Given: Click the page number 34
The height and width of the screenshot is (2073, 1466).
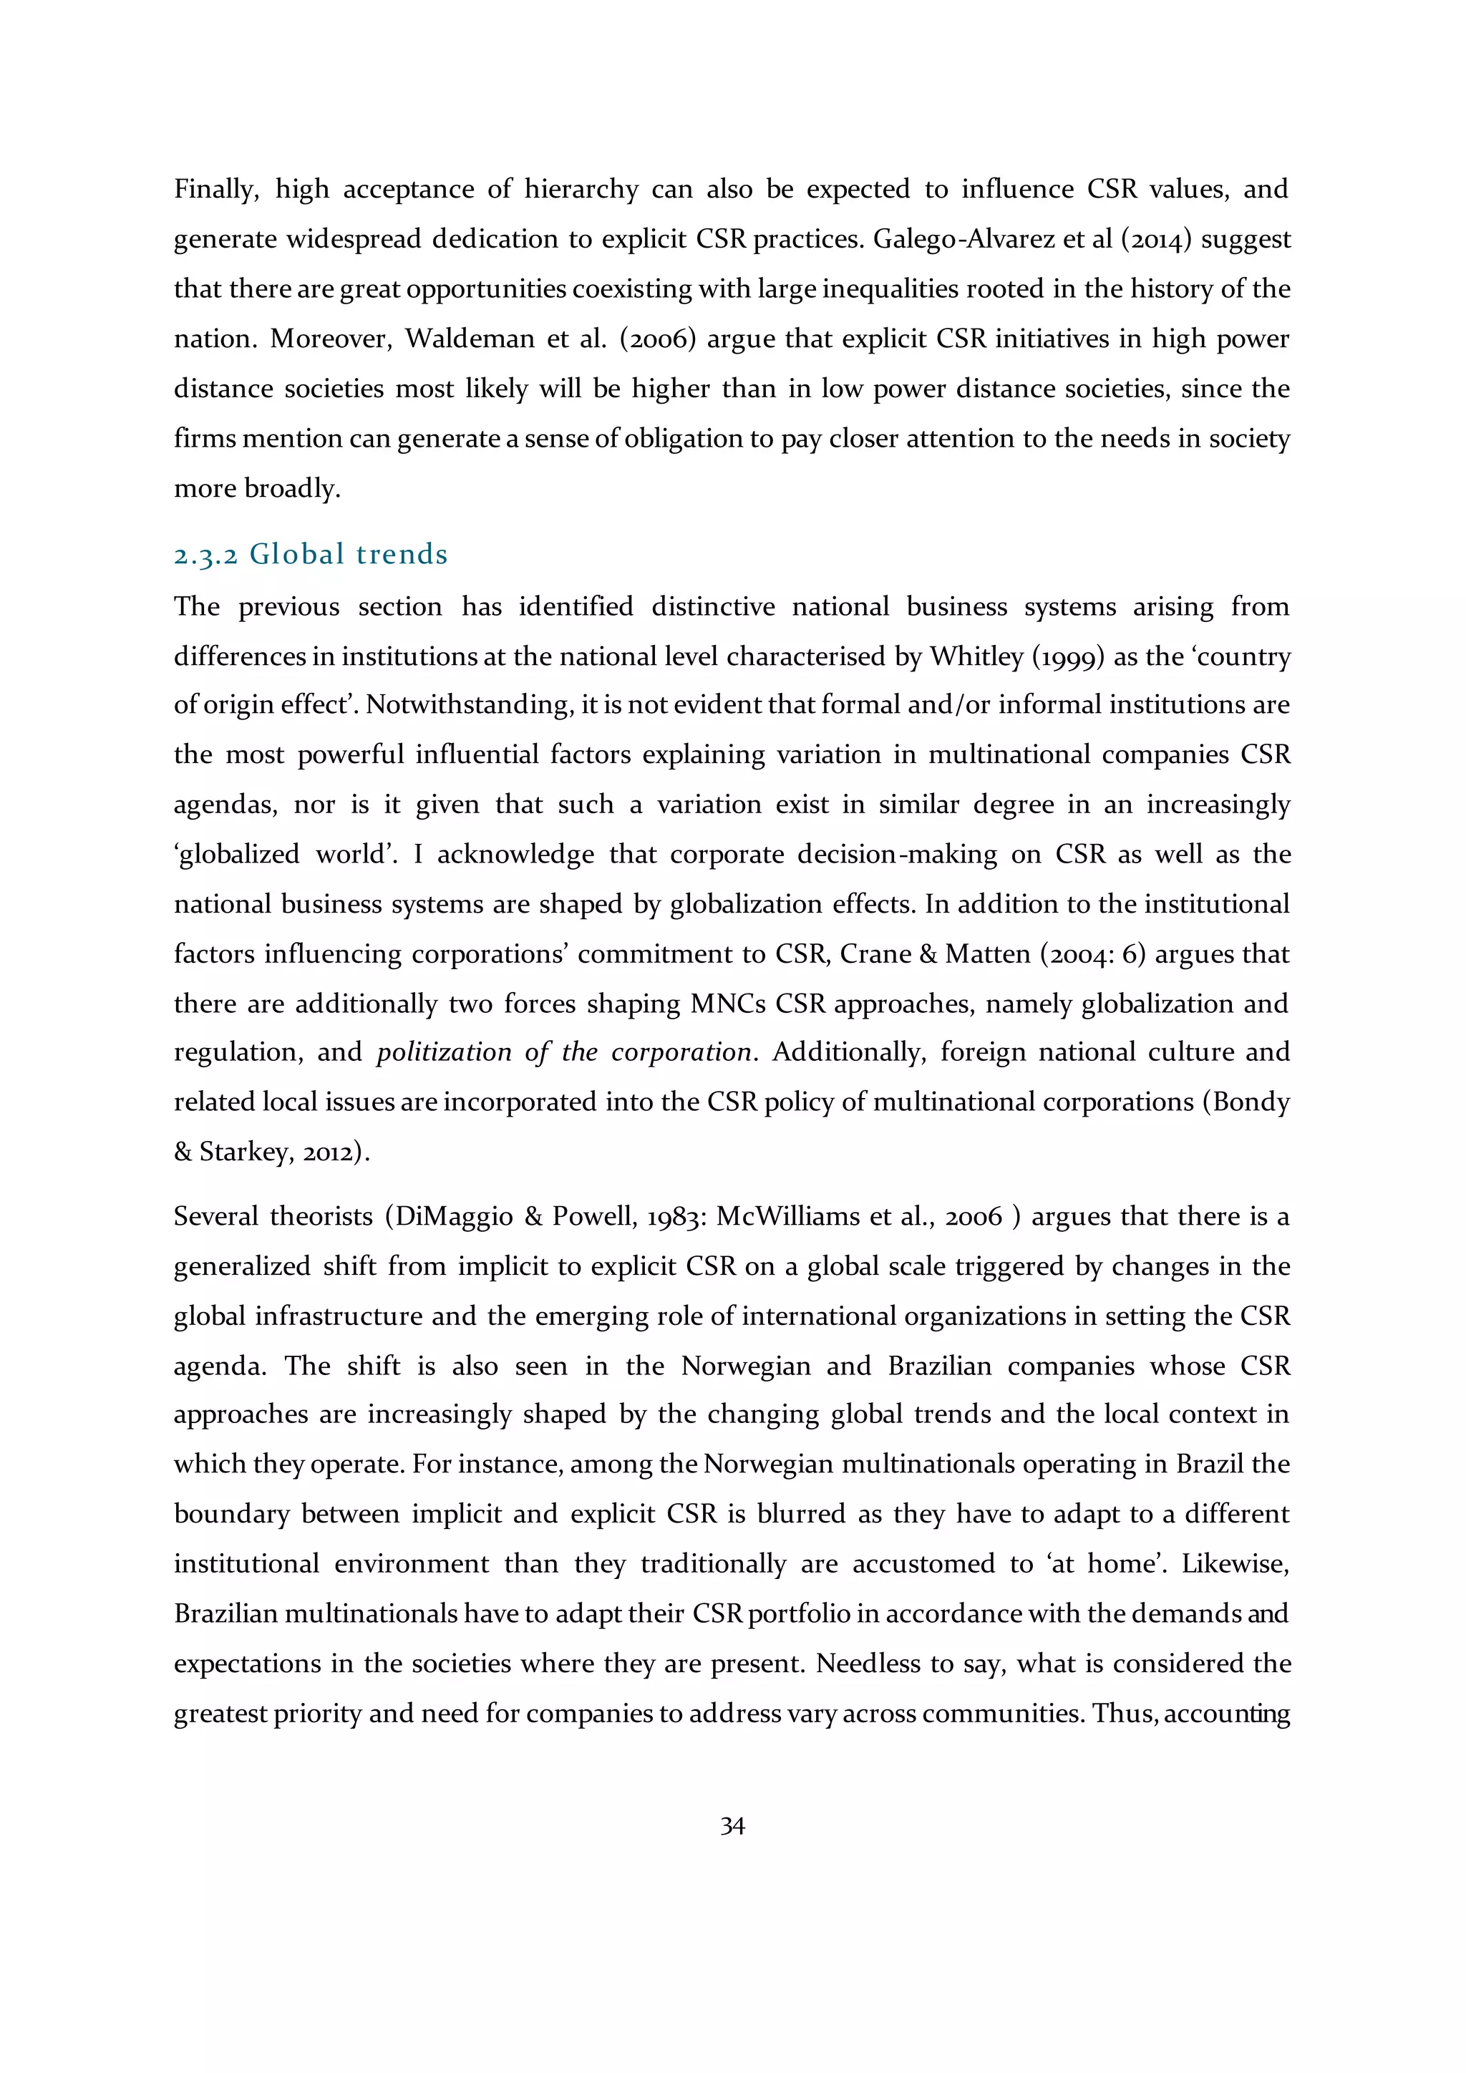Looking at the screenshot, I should [732, 1827].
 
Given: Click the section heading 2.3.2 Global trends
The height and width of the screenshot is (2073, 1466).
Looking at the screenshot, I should [311, 553].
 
